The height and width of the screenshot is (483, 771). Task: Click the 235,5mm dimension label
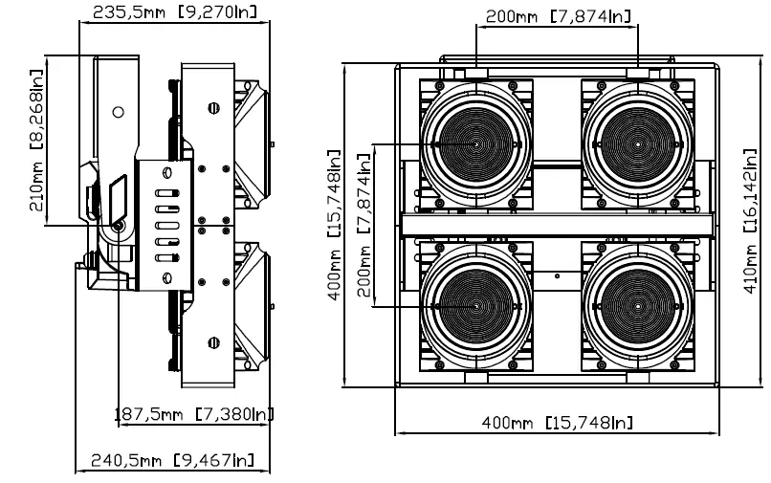pyautogui.click(x=174, y=11)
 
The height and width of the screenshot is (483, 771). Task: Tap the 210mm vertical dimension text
pyautogui.click(x=36, y=141)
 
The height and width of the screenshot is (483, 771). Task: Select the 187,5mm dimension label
pyautogui.click(x=194, y=414)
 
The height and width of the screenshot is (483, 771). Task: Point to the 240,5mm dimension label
pyautogui.click(x=173, y=460)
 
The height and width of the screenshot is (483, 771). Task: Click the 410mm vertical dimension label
pyautogui.click(x=750, y=221)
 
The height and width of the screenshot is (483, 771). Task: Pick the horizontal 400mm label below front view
pyautogui.click(x=557, y=423)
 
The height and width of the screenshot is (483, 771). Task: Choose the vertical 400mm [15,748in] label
pyautogui.click(x=334, y=226)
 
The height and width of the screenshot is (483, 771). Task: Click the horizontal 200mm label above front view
pyautogui.click(x=558, y=16)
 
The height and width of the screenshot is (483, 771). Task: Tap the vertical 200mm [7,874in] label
pyautogui.click(x=363, y=226)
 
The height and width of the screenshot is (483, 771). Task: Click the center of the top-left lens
pyautogui.click(x=475, y=144)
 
